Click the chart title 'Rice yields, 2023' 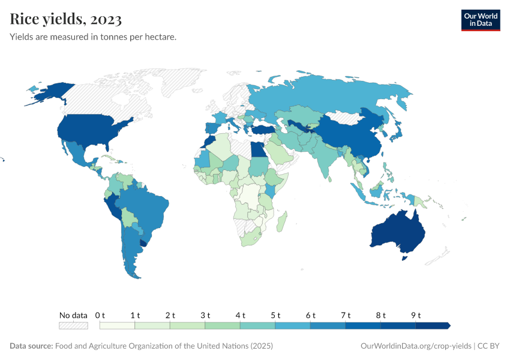point(66,20)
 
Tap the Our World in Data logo point(480,20)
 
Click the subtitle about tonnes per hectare point(93,37)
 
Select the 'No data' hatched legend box point(73,326)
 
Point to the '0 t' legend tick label point(100,315)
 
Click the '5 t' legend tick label point(275,315)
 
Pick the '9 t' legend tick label point(416,315)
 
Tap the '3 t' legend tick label point(205,315)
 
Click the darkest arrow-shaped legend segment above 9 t point(433,326)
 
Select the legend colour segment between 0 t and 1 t point(118,326)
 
